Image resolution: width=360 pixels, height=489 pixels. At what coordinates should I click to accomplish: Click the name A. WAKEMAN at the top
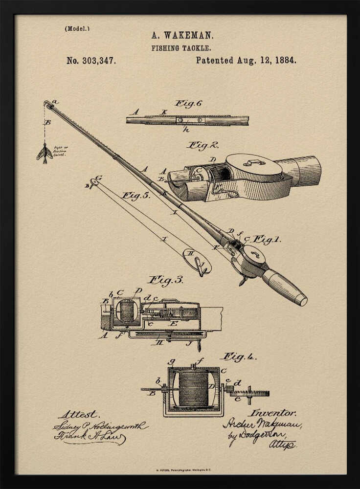[x=182, y=36]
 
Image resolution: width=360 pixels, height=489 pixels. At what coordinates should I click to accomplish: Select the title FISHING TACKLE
[x=181, y=48]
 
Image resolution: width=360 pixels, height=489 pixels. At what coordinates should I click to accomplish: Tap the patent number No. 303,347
[x=91, y=61]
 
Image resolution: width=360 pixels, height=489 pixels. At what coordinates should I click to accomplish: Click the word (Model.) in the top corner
[x=77, y=28]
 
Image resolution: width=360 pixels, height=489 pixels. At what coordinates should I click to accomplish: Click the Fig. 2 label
[x=202, y=145]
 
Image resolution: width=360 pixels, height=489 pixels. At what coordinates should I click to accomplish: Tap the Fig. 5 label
[x=136, y=196]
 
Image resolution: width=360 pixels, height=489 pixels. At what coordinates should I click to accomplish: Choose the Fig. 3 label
[x=166, y=280]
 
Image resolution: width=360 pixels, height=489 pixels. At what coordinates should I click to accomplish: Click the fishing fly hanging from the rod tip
[x=45, y=153]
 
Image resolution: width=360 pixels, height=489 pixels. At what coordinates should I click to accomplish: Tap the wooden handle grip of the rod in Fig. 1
[x=284, y=287]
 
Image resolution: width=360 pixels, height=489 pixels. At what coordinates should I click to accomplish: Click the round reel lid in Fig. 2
[x=253, y=166]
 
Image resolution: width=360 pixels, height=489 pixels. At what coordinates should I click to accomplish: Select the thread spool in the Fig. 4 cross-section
[x=193, y=389]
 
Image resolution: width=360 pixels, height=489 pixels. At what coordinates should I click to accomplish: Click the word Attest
[x=78, y=415]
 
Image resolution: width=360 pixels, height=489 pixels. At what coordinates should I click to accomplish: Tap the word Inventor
[x=272, y=413]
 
